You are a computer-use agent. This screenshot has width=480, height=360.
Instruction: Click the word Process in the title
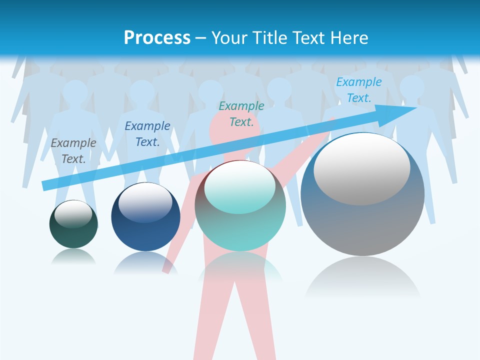(157, 38)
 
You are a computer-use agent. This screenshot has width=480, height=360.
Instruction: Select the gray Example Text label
(73, 150)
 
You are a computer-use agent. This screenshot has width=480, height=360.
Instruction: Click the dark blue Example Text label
(147, 133)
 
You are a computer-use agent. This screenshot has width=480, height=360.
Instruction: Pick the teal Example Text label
(241, 113)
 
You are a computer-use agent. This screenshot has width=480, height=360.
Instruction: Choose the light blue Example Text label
(358, 90)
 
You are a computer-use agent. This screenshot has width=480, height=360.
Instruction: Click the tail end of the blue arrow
(46, 185)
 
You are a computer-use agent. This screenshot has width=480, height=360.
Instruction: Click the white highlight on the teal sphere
(239, 187)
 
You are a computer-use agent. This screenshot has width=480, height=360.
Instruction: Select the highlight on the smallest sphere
(73, 214)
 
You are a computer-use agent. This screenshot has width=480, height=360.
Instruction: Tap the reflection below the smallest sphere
(73, 257)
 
